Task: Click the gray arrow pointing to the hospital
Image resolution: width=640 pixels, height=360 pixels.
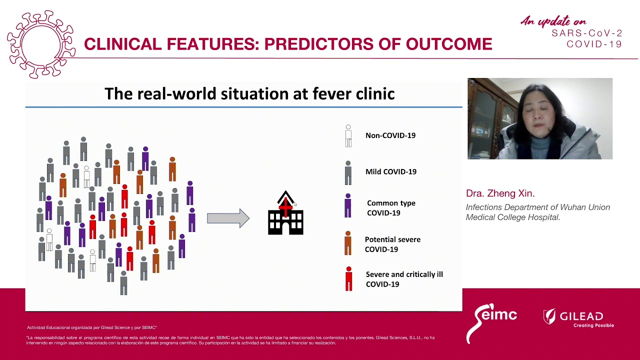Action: (x=228, y=218)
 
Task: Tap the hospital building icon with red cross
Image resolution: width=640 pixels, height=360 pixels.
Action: (x=285, y=214)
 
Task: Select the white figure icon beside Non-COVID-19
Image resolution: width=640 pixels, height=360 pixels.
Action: (x=348, y=136)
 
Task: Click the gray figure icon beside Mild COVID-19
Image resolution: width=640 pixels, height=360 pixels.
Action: (x=348, y=172)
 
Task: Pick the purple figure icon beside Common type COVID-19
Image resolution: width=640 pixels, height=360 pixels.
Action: (x=348, y=206)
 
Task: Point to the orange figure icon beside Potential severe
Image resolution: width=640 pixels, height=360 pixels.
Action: (x=348, y=243)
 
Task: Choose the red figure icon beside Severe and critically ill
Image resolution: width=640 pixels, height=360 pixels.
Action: (x=348, y=279)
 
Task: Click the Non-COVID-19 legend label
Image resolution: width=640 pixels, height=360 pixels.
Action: (x=390, y=135)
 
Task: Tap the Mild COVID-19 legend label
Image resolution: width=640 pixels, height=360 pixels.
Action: (x=390, y=171)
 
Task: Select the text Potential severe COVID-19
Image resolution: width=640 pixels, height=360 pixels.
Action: (x=392, y=244)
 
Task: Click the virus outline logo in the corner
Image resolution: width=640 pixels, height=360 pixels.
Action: (x=41, y=44)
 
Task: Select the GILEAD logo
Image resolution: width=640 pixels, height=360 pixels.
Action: (x=578, y=318)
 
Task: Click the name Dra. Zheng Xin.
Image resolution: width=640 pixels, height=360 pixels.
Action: (x=500, y=193)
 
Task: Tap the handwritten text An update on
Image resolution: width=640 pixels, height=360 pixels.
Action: (x=553, y=21)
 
